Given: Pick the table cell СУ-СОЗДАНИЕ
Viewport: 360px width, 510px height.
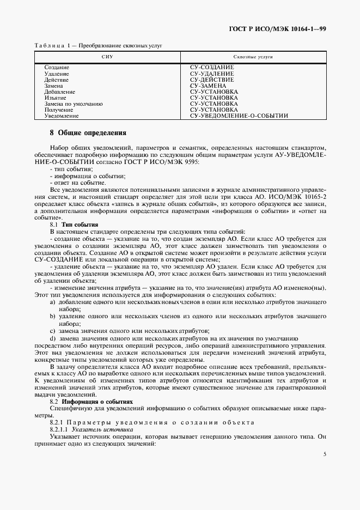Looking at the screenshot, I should [212, 67].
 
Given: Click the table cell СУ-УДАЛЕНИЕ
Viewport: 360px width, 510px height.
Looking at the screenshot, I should [212, 74].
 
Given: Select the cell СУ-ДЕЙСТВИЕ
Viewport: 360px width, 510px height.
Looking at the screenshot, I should [212, 80].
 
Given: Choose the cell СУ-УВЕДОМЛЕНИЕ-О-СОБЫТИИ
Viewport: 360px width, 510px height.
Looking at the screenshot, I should [239, 116].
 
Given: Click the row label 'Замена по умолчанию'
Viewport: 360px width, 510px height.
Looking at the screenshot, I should [73, 104].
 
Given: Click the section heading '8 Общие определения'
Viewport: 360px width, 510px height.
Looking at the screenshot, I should [88, 132].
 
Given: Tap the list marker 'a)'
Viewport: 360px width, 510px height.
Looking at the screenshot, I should [53, 302].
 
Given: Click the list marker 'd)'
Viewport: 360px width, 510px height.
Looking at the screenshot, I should [53, 338].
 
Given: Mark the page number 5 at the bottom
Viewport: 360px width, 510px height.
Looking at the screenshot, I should [324, 454].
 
